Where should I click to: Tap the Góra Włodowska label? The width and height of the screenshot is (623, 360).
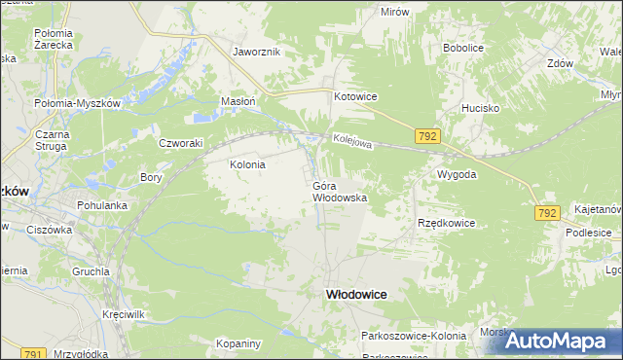[340, 191]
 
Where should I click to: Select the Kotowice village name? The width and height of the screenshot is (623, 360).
[355, 96]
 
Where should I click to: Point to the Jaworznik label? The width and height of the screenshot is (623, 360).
[257, 52]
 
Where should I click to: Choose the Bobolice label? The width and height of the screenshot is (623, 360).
[463, 47]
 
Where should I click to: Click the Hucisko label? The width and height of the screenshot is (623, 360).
[481, 109]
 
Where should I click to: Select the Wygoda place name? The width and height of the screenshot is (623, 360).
[457, 174]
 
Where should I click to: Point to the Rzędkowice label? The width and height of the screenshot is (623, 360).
[446, 223]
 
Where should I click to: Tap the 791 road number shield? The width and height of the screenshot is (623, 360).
[34, 354]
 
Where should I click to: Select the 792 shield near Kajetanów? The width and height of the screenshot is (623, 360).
[547, 212]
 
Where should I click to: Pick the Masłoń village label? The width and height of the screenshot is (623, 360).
[238, 101]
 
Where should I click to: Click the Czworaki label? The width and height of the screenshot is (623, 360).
[180, 142]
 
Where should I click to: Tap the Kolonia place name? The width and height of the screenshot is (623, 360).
[247, 165]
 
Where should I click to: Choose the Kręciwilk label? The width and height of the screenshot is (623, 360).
[124, 316]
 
